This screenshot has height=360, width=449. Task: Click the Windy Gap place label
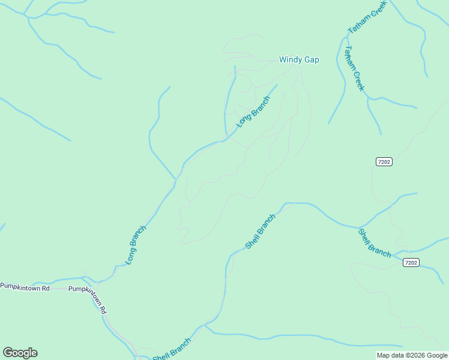click(299, 60)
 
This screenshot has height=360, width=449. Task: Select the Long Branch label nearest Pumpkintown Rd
click(136, 245)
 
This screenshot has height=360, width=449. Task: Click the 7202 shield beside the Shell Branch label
click(411, 263)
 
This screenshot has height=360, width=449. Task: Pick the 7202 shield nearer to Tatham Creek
click(384, 162)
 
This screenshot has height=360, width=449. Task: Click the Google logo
click(20, 353)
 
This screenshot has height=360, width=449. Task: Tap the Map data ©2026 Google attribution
click(412, 355)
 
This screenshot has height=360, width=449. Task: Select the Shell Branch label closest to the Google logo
click(172, 350)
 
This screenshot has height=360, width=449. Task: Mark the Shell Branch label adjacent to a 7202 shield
click(375, 243)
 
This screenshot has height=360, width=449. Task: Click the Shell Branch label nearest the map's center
click(261, 232)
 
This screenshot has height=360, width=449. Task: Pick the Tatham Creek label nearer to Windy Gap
click(354, 68)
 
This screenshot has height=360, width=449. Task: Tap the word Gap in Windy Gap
click(312, 60)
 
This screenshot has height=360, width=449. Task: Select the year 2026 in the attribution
click(415, 355)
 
